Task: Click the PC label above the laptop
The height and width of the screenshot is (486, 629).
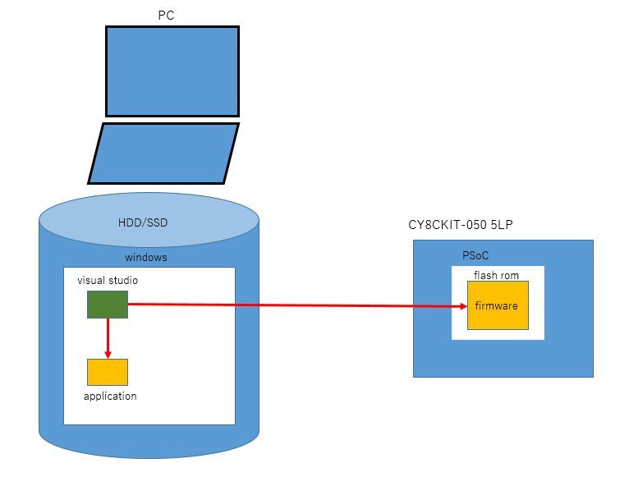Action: pyautogui.click(x=165, y=16)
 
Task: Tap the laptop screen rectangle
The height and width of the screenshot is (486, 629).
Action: pyautogui.click(x=172, y=71)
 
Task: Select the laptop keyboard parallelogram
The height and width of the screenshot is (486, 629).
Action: pyautogui.click(x=163, y=154)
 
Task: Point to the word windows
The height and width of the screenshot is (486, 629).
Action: pyautogui.click(x=145, y=258)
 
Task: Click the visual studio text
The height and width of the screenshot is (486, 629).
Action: pyautogui.click(x=108, y=281)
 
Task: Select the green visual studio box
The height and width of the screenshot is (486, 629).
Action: pyautogui.click(x=108, y=305)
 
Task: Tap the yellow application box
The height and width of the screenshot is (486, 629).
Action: pyautogui.click(x=108, y=372)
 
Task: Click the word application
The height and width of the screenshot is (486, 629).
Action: pyautogui.click(x=110, y=397)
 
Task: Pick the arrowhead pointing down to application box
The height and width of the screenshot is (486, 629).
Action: pyautogui.click(x=108, y=354)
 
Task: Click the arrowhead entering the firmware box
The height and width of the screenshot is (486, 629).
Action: pyautogui.click(x=461, y=306)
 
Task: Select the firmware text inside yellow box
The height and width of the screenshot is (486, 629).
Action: pyautogui.click(x=497, y=306)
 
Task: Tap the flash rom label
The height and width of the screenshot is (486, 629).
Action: pyautogui.click(x=496, y=275)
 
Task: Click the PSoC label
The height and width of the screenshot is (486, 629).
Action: pyautogui.click(x=476, y=256)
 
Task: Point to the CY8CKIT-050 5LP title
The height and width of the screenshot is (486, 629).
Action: pyautogui.click(x=466, y=225)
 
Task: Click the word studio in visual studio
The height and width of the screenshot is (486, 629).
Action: pyautogui.click(x=122, y=281)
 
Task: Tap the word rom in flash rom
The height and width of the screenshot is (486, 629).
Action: pyautogui.click(x=510, y=275)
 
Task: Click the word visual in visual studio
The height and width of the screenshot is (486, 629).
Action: pyautogui.click(x=91, y=281)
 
